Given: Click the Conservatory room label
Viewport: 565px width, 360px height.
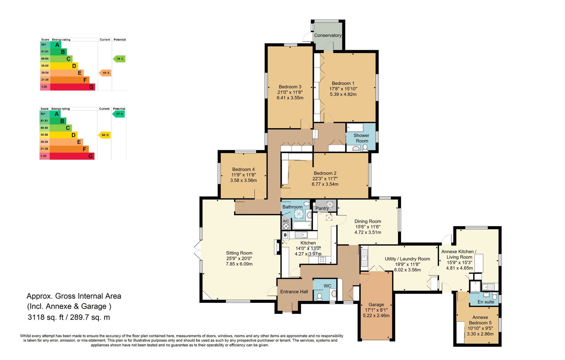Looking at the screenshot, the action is (x=328, y=35).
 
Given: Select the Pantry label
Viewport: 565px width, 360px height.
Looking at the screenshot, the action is (x=322, y=208).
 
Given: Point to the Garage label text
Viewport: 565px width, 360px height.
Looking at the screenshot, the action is (x=376, y=305).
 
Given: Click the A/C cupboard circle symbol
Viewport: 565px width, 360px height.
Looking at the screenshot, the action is (x=286, y=226).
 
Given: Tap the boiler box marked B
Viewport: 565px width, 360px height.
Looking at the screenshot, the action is (x=285, y=235).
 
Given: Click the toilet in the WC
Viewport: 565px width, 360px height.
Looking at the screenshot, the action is (x=320, y=297).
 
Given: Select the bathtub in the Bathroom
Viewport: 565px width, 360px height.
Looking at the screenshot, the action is (x=302, y=226).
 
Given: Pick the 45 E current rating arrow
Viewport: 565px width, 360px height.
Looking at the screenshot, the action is (x=105, y=73).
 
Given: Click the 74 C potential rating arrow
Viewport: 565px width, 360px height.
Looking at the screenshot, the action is (x=119, y=59).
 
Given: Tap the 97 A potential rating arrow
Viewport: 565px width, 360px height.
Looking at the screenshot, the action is (x=119, y=114).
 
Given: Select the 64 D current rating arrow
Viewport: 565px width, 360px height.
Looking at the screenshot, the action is (x=104, y=135).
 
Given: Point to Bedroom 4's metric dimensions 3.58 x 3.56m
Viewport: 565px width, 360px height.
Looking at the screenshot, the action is (x=243, y=180).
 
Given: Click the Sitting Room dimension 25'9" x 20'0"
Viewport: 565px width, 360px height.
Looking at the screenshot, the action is (x=239, y=258).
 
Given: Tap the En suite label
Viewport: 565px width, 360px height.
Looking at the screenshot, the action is (x=486, y=302).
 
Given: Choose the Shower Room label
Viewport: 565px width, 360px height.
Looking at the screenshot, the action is (x=362, y=138).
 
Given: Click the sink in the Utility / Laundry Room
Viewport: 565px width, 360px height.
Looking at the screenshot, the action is (x=364, y=258).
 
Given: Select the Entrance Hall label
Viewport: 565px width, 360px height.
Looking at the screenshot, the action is (x=294, y=292).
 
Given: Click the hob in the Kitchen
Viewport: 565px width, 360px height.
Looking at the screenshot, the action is (x=322, y=260).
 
